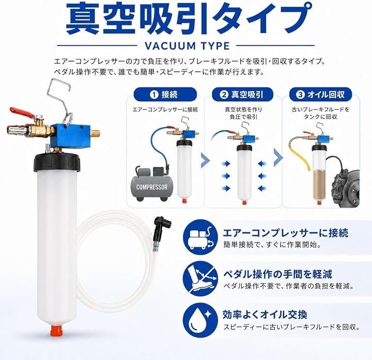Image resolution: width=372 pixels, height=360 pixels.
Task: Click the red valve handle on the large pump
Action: (22, 113)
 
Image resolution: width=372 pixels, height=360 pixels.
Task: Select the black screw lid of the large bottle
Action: (57, 162)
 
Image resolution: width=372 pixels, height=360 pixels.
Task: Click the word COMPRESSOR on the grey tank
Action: (152, 187)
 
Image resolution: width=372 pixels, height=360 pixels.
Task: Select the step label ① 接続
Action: (165, 95)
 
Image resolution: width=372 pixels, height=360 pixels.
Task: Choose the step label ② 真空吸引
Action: (242, 95)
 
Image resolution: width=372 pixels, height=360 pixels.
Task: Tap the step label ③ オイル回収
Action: (320, 95)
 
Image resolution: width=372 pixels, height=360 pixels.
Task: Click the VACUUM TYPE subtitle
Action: (187, 46)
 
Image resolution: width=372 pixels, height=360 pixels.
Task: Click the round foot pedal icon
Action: (200, 279)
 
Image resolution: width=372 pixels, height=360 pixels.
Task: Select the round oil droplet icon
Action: (200, 320)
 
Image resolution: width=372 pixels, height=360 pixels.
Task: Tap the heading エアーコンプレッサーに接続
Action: (285, 233)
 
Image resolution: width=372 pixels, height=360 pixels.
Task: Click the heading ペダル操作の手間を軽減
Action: (277, 274)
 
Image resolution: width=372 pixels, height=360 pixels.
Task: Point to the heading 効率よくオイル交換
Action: (265, 314)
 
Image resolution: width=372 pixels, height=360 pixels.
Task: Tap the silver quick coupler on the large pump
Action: (17, 130)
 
